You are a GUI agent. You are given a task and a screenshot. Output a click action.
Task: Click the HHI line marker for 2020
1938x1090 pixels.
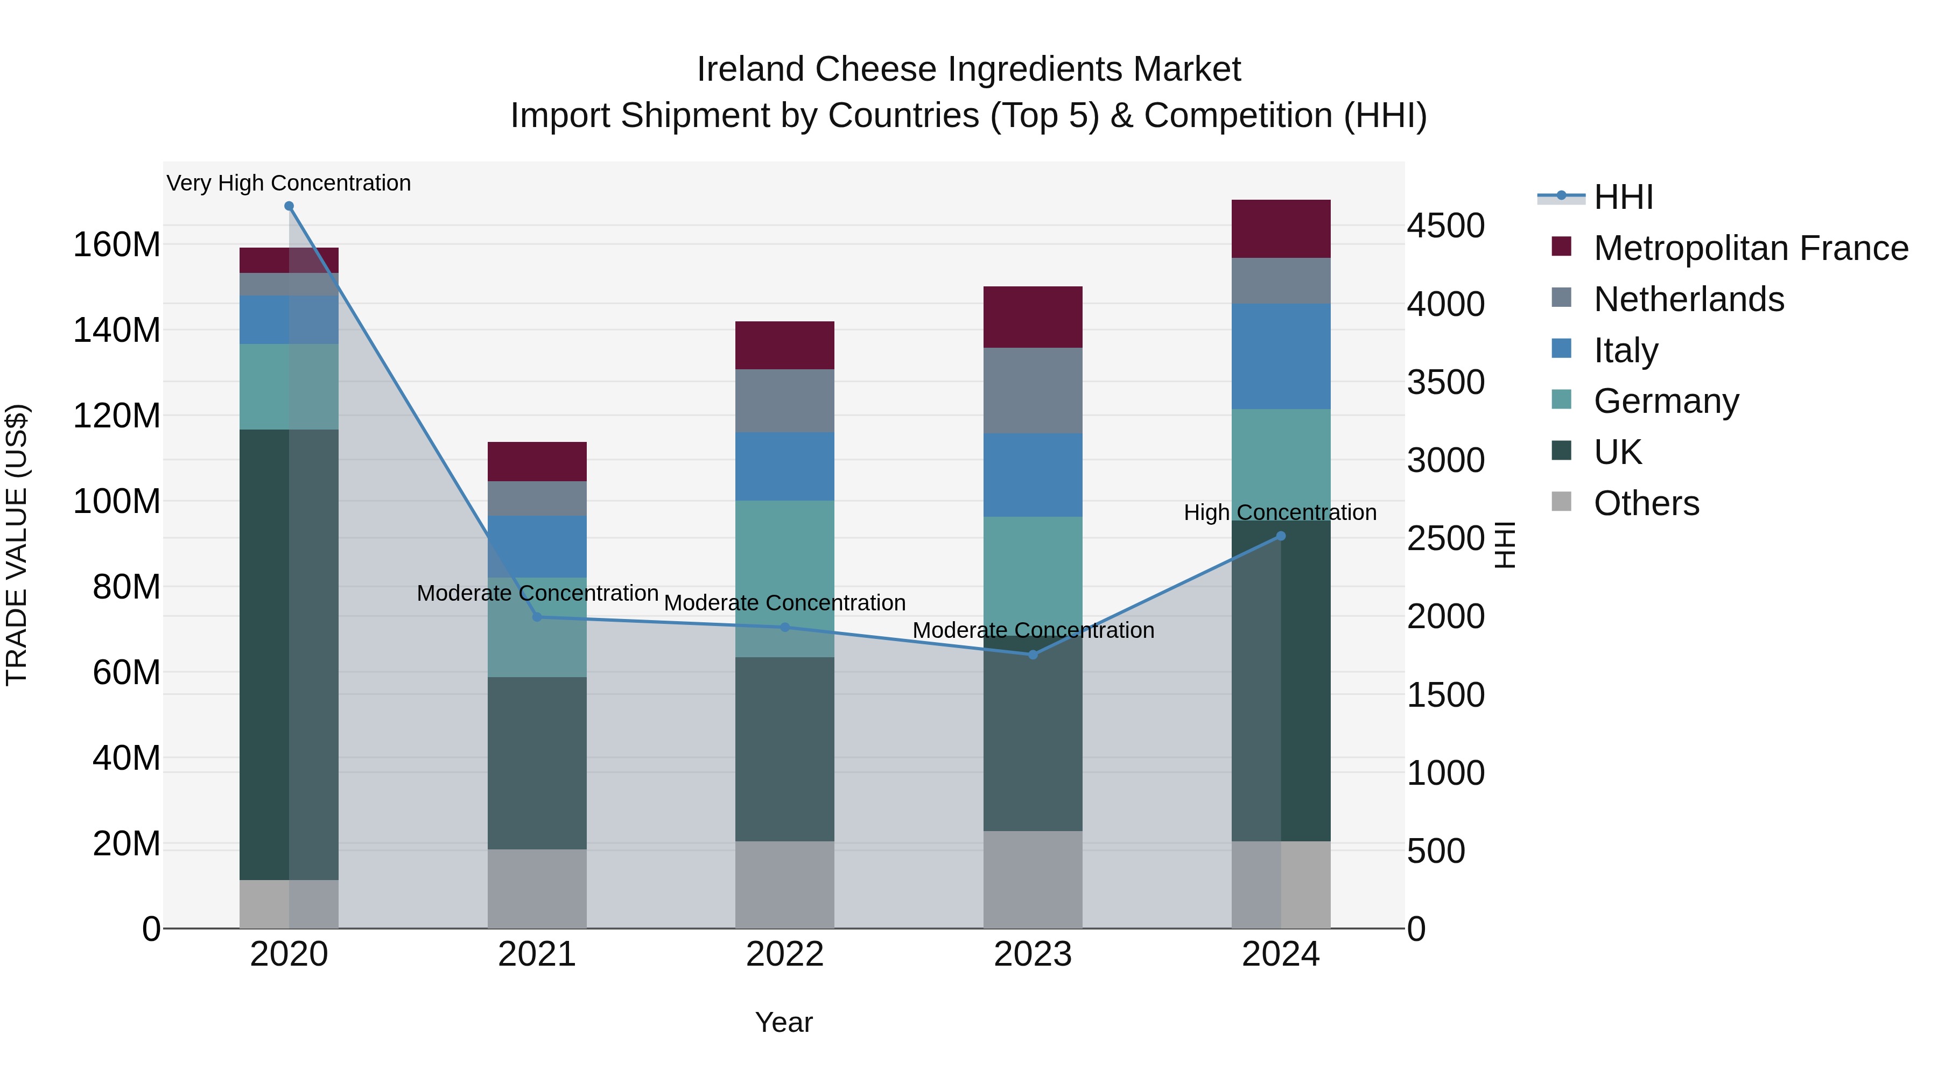pyautogui.click(x=289, y=206)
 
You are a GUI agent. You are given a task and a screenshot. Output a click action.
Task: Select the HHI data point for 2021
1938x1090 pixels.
pyautogui.click(x=537, y=617)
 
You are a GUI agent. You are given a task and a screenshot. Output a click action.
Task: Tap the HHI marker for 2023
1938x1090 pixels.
pyautogui.click(x=1033, y=655)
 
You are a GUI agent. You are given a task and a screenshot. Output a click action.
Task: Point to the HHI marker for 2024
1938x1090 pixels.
pyautogui.click(x=1281, y=536)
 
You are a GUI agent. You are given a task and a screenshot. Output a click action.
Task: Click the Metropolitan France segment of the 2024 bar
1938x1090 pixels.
pyautogui.click(x=1281, y=229)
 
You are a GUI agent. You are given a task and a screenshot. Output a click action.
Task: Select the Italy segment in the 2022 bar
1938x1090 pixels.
pyautogui.click(x=785, y=466)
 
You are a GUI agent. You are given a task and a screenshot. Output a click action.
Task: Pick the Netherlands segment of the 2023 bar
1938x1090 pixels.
pyautogui.click(x=1033, y=390)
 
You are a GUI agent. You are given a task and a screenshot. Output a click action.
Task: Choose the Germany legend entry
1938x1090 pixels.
pyautogui.click(x=1666, y=401)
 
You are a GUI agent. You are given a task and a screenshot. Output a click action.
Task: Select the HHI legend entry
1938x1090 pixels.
pyautogui.click(x=1623, y=197)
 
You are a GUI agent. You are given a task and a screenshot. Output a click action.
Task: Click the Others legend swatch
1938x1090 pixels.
pyautogui.click(x=1562, y=502)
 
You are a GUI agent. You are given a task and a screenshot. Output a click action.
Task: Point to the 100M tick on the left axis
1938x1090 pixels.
pyautogui.click(x=117, y=501)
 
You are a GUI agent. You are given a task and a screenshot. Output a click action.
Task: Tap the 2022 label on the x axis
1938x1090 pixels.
pyautogui.click(x=785, y=954)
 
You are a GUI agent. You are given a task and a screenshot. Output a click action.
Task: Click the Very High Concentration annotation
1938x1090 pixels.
pyautogui.click(x=289, y=183)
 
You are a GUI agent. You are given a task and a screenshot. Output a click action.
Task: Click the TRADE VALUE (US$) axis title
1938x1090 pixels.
pyautogui.click(x=17, y=545)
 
